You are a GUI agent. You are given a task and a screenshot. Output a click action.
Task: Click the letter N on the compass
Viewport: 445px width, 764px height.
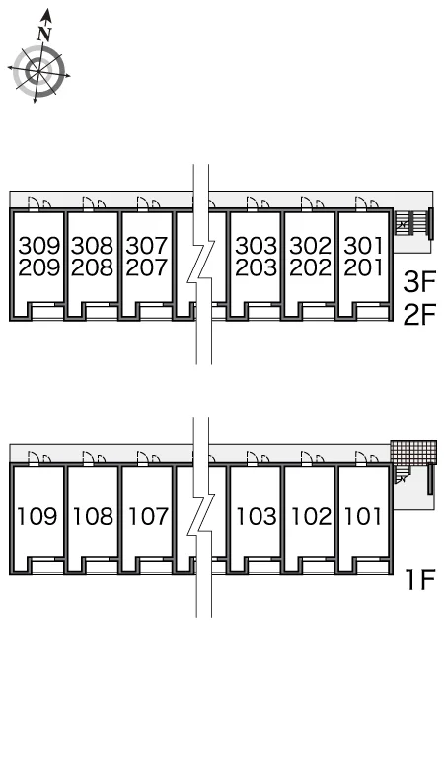pyautogui.click(x=44, y=34)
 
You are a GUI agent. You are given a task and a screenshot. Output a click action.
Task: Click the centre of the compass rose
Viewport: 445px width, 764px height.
pyautogui.click(x=38, y=72)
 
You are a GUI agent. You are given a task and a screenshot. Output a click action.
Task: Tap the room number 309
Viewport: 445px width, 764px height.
pyautogui.click(x=38, y=246)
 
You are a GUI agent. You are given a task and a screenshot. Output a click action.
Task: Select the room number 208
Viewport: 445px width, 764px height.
pyautogui.click(x=92, y=267)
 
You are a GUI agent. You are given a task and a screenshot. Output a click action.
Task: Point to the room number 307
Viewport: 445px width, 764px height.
pyautogui.click(x=147, y=246)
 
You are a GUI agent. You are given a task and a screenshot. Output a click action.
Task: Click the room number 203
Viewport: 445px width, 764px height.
pyautogui.click(x=257, y=267)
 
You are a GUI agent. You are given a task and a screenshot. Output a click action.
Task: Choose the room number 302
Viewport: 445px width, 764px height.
pyautogui.click(x=310, y=246)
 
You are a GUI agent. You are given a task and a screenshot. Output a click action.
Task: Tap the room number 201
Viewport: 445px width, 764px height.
pyautogui.click(x=363, y=267)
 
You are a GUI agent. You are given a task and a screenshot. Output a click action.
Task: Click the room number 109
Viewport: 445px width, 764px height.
pyautogui.click(x=37, y=516)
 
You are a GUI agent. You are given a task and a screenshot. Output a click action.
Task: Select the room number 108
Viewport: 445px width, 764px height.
pyautogui.click(x=93, y=516)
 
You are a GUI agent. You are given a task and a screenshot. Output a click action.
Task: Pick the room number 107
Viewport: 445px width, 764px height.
pyautogui.click(x=148, y=516)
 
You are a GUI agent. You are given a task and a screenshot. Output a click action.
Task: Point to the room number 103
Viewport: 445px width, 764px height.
pyautogui.click(x=257, y=516)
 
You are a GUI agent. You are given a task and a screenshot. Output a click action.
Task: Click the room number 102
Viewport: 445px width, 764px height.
pyautogui.click(x=311, y=516)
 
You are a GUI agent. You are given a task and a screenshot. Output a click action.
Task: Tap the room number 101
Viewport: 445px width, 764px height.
pyautogui.click(x=363, y=516)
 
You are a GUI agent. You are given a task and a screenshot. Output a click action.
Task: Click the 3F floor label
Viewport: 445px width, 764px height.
pyautogui.click(x=419, y=282)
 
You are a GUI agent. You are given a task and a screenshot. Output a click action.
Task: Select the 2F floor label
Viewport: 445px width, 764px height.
pyautogui.click(x=419, y=314)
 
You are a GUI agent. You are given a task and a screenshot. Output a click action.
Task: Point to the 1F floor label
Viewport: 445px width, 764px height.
pyautogui.click(x=420, y=578)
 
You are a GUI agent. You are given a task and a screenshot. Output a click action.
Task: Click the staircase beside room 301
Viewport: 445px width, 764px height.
pyautogui.click(x=410, y=223)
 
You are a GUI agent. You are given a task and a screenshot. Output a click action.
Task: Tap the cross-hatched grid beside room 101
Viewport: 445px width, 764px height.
pyautogui.click(x=413, y=453)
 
